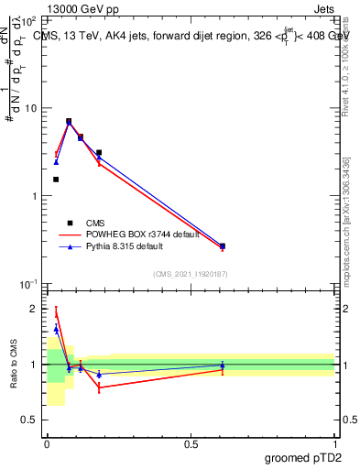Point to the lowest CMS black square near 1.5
pos(56,180)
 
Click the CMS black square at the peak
pos(69,121)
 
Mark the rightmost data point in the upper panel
pos(223,245)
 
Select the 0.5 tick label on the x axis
pos(191,443)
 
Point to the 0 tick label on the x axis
pos(47,443)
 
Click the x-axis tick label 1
pos(334,443)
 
